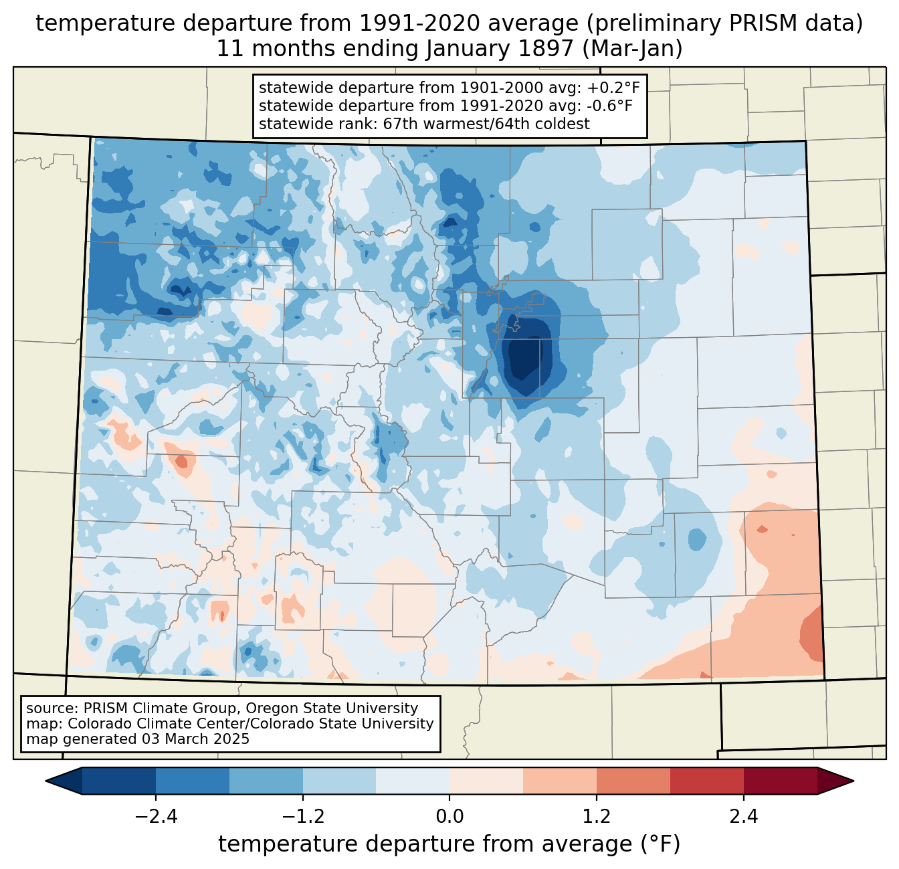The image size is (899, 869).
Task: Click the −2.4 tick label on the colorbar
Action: (x=156, y=817)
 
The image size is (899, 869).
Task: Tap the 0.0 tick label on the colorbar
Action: (x=449, y=817)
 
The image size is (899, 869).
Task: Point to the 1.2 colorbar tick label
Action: (x=597, y=817)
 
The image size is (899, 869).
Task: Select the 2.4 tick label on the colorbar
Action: (x=743, y=817)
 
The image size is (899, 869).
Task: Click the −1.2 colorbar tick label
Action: (x=303, y=817)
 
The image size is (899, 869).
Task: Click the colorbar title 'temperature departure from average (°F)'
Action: (x=449, y=844)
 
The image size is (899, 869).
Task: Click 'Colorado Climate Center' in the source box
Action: (x=144, y=724)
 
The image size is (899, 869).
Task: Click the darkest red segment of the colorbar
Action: (x=780, y=781)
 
